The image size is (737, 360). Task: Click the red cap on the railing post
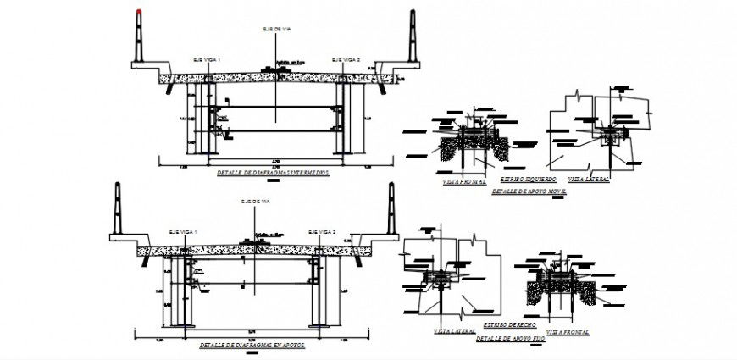(138, 13)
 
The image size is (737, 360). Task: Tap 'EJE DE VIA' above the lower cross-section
(254, 201)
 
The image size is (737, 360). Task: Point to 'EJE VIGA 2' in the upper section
(346, 60)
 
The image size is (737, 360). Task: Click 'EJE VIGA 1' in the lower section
(182, 231)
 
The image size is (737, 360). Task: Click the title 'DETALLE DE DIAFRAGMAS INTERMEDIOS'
(272, 172)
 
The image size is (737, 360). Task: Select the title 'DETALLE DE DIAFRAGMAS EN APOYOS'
(252, 345)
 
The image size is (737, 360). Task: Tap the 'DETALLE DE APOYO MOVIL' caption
(529, 192)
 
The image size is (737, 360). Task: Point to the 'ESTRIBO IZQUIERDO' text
(528, 180)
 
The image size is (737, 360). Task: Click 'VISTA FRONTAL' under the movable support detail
(464, 181)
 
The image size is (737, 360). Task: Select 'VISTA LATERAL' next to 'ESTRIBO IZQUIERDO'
(588, 180)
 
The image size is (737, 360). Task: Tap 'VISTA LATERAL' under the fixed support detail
(453, 331)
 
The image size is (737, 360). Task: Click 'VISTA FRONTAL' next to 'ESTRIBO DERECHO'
(568, 331)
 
